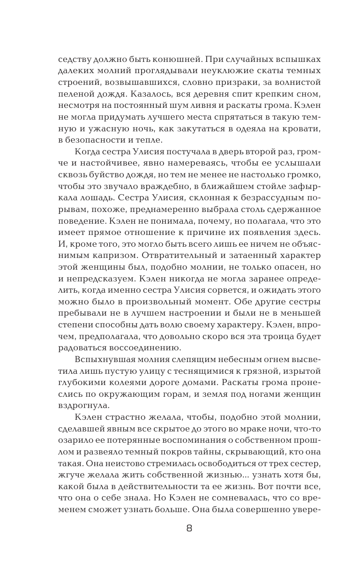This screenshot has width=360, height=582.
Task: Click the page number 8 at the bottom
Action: (x=189, y=529)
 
